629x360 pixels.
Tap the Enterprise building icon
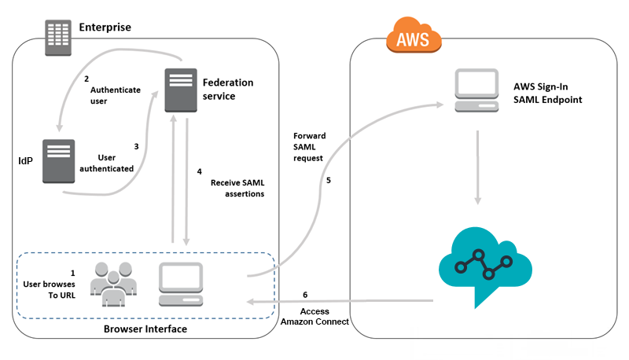tap(58, 38)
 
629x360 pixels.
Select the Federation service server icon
tap(181, 90)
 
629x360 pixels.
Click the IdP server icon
tap(58, 161)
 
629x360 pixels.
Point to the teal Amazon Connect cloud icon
tap(485, 266)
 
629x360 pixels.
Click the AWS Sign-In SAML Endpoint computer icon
tap(476, 90)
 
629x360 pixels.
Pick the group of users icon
tap(113, 285)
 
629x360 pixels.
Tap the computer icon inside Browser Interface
tap(181, 285)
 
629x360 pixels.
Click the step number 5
tap(329, 181)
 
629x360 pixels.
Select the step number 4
tap(200, 171)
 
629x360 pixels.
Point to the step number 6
tap(305, 295)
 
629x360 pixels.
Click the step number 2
tap(86, 79)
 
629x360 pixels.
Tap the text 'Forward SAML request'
tap(309, 147)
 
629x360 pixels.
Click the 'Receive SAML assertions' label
tap(237, 188)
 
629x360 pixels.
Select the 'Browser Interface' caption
tap(145, 329)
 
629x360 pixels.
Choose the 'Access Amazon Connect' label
tap(314, 316)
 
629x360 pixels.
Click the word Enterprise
tap(105, 28)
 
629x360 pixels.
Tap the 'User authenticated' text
tap(107, 163)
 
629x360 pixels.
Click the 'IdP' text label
tap(26, 161)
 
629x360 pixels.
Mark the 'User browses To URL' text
tap(50, 289)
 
